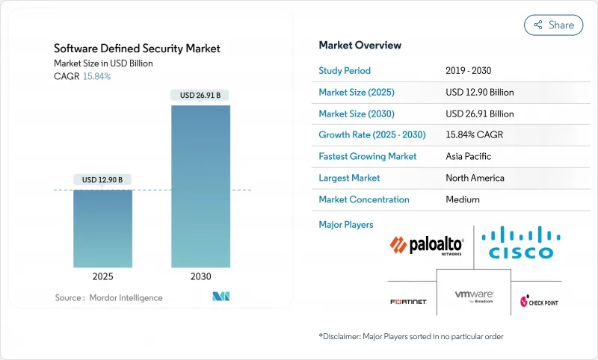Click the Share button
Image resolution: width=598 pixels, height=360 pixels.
pos(554,25)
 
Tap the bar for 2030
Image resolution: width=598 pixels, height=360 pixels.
pos(200,186)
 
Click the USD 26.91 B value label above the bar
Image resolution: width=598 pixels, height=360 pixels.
pos(200,96)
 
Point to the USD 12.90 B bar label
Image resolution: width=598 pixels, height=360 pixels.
pos(103,179)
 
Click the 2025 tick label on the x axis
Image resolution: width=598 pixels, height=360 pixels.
pos(103,276)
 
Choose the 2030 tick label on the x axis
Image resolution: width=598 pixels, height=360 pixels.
pos(200,276)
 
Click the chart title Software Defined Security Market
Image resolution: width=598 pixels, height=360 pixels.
pos(137,49)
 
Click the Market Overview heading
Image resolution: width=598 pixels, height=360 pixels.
pos(360,46)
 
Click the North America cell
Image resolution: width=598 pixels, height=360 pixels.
pos(475,178)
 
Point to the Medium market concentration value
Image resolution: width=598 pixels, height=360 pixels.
pos(463,199)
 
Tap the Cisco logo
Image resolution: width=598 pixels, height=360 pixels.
pos(517,243)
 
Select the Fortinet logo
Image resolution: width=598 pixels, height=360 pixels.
pos(408,302)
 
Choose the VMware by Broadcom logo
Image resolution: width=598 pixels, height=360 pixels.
pos(474,296)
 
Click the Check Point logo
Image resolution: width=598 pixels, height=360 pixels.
pos(539,302)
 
